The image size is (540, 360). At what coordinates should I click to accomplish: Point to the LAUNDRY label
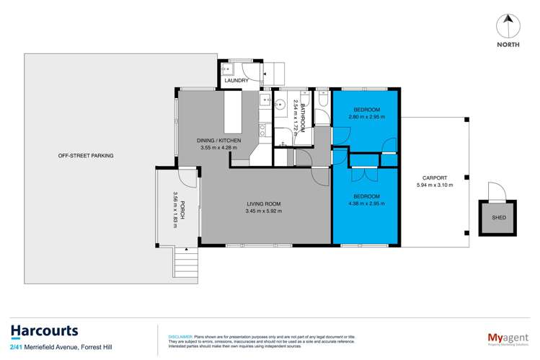236,81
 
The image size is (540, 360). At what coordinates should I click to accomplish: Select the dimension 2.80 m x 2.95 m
366,116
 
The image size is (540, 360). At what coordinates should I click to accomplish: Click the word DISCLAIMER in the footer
180,336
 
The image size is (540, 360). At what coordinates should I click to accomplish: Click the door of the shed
496,192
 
